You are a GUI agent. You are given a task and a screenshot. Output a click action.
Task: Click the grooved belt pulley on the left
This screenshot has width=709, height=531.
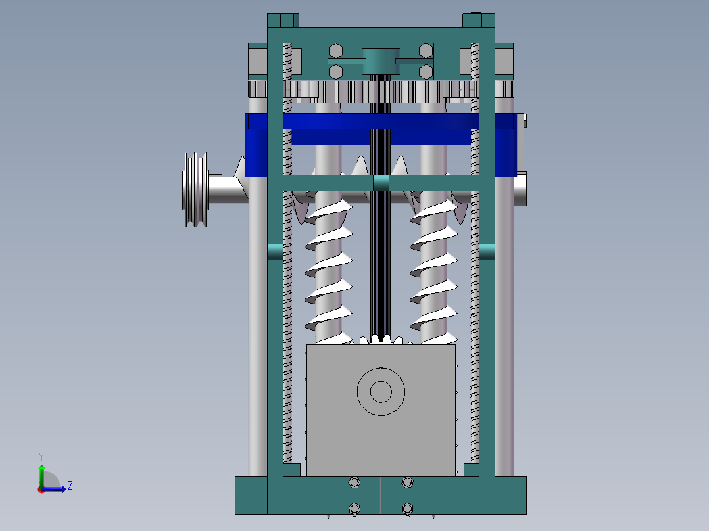[x=195, y=190]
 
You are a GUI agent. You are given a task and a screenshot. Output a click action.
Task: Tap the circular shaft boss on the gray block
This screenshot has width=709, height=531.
[x=380, y=392]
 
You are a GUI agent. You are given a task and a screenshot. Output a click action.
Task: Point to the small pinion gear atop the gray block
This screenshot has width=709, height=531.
[x=381, y=340]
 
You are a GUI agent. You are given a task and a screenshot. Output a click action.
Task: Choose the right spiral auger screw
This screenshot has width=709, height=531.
[x=433, y=269]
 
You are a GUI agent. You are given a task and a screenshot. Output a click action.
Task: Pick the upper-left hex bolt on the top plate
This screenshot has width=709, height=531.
[x=335, y=51]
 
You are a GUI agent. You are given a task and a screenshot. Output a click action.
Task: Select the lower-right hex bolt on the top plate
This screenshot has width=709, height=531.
[x=426, y=70]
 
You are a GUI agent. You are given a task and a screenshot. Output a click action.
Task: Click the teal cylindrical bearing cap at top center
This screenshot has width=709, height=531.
[x=381, y=60]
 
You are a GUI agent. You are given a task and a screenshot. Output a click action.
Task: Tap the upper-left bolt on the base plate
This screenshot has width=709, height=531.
[x=354, y=483]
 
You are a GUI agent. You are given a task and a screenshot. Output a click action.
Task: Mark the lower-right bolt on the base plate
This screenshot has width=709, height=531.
[x=407, y=509]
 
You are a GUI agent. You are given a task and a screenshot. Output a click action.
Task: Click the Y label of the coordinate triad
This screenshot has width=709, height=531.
[x=41, y=457]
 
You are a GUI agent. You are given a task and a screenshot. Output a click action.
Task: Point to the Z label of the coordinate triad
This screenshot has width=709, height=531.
[x=70, y=486]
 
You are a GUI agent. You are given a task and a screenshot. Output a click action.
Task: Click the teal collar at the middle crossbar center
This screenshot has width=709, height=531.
[x=381, y=183]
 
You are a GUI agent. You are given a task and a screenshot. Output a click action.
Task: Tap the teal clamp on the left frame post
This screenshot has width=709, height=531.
[x=275, y=252]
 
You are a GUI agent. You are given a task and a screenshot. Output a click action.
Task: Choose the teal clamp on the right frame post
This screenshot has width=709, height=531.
[x=487, y=252]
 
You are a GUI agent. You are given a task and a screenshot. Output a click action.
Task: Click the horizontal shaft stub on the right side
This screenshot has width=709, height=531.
[x=520, y=189]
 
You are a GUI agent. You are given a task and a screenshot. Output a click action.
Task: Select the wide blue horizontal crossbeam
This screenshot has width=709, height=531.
[x=381, y=122]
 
